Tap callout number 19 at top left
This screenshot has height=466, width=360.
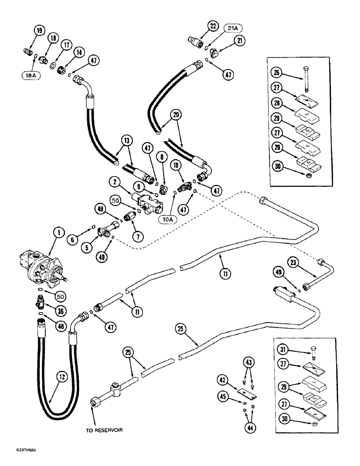[x=38, y=31]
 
